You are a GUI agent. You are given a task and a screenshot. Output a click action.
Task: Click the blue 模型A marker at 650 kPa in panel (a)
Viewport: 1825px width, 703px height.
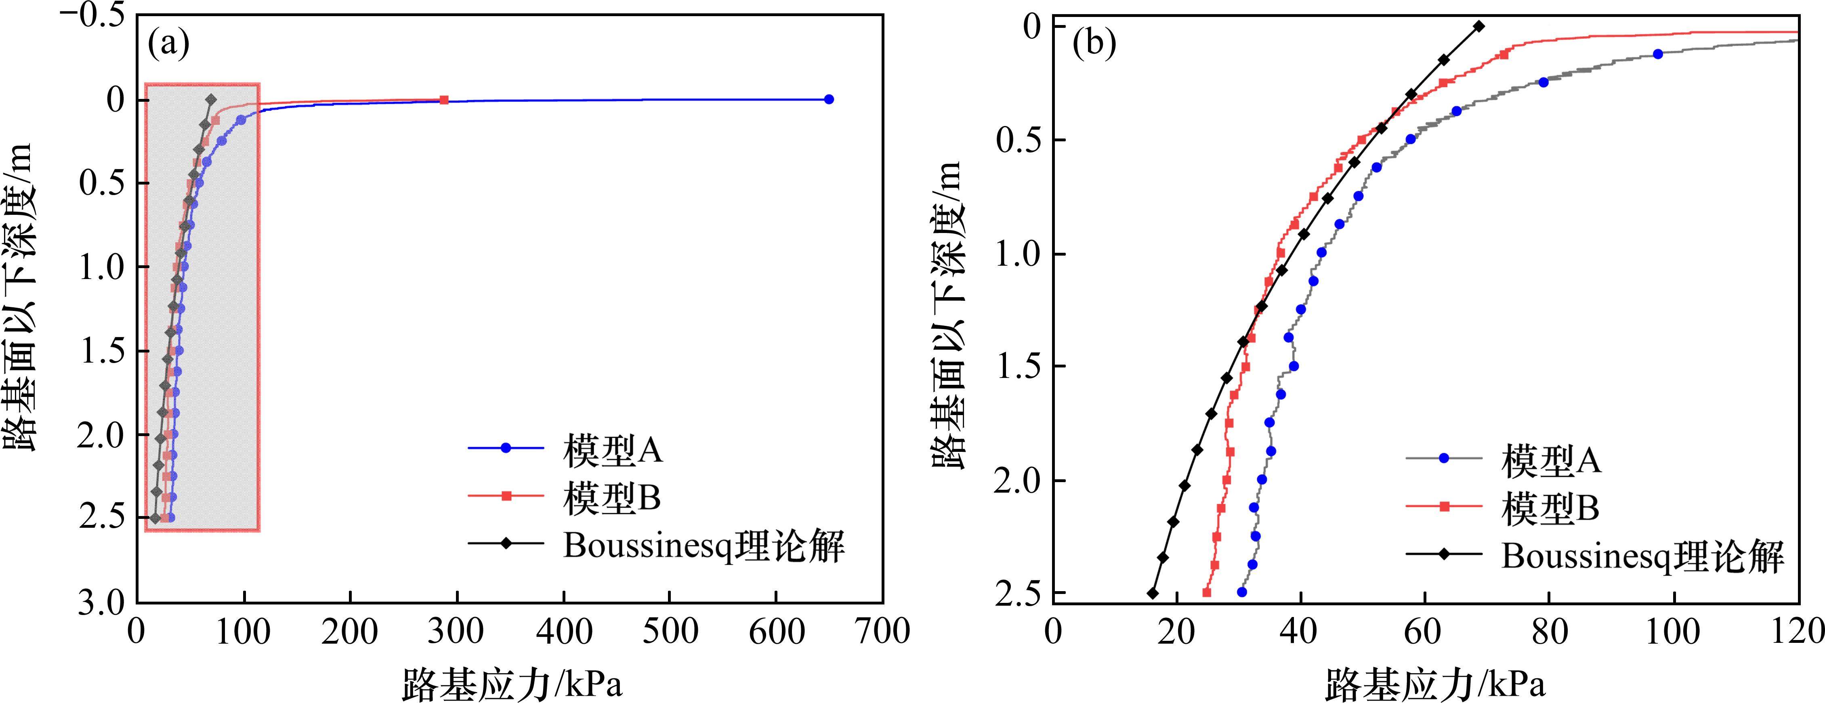pyautogui.click(x=829, y=99)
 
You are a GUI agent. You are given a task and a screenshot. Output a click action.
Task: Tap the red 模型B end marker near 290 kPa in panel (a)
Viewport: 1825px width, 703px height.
pyautogui.click(x=444, y=100)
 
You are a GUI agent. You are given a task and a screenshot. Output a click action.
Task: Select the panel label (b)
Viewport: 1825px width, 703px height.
pyautogui.click(x=1094, y=44)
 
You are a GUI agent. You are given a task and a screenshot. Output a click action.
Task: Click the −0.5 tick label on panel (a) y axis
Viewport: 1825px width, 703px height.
pyautogui.click(x=92, y=16)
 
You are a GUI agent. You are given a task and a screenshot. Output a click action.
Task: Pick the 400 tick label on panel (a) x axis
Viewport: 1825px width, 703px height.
pyautogui.click(x=564, y=631)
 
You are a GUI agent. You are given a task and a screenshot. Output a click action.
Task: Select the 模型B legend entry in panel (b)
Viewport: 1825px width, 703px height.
pyautogui.click(x=1550, y=508)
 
